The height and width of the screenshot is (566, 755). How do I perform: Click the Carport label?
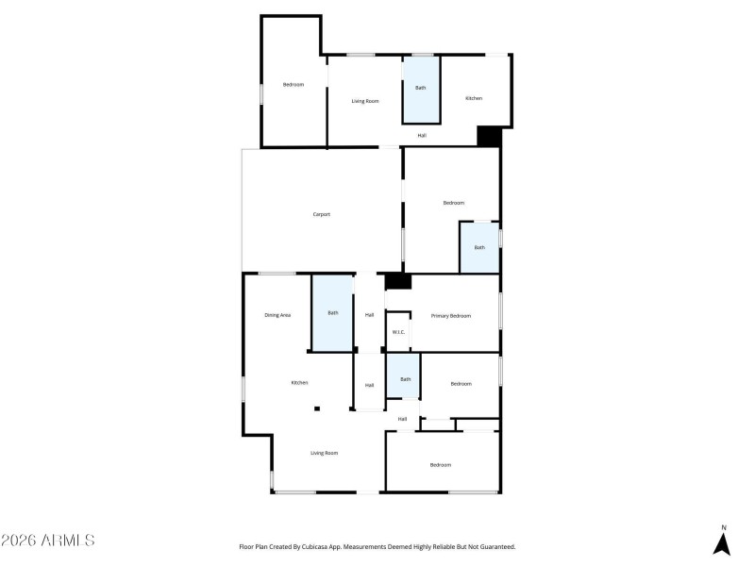(x=322, y=214)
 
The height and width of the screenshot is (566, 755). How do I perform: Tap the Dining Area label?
(x=277, y=314)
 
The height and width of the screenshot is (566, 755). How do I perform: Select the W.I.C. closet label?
(x=398, y=332)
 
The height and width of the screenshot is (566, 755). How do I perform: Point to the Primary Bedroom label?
(x=450, y=315)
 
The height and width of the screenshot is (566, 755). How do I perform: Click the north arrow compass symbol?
(x=723, y=541)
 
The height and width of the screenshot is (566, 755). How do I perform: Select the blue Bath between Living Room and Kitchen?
(x=421, y=89)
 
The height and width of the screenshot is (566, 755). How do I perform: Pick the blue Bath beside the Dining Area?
(x=332, y=313)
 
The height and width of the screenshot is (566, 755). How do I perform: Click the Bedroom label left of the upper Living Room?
(x=294, y=85)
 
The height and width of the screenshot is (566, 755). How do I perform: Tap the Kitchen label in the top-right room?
(x=474, y=98)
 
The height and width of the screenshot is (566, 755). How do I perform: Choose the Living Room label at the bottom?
(x=324, y=453)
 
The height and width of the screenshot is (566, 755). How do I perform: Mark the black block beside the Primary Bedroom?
(x=398, y=281)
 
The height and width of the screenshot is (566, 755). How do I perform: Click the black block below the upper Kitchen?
(x=488, y=136)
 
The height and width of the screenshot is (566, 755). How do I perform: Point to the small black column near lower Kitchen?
(x=318, y=408)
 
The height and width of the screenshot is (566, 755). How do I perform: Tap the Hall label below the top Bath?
(x=422, y=135)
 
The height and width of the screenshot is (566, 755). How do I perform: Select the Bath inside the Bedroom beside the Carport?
(x=479, y=247)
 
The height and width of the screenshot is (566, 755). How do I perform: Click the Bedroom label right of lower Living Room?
(x=441, y=464)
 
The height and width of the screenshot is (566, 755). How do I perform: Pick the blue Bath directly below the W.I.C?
(x=405, y=379)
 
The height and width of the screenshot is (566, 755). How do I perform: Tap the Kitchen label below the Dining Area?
(x=299, y=382)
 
